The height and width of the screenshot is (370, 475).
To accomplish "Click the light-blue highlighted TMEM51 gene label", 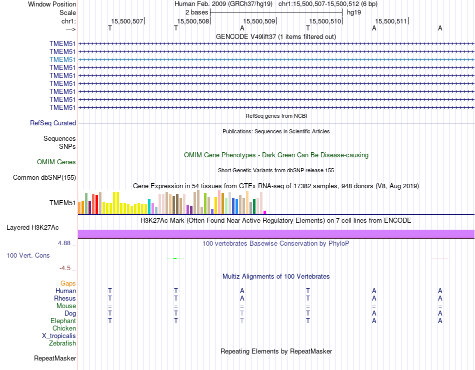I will pyautogui.click(x=62, y=59).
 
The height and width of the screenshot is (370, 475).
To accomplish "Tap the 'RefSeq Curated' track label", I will pyautogui.click(x=53, y=123).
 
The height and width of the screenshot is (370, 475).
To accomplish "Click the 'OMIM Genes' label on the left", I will pyautogui.click(x=56, y=162).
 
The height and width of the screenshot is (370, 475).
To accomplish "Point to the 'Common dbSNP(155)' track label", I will pyautogui.click(x=44, y=178).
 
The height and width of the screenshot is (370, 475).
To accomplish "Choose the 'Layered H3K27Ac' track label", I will pyautogui.click(x=32, y=228).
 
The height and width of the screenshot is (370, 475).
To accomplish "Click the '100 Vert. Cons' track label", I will pyautogui.click(x=28, y=256).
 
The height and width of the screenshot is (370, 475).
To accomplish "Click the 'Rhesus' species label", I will pyautogui.click(x=65, y=299).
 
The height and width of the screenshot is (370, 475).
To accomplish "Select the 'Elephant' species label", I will pyautogui.click(x=63, y=321).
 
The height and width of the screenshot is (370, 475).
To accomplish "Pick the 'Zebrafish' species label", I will pyautogui.click(x=62, y=344).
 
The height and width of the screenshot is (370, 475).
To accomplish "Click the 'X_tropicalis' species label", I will pyautogui.click(x=59, y=336).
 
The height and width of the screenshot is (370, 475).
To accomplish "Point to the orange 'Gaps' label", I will pyautogui.click(x=68, y=284).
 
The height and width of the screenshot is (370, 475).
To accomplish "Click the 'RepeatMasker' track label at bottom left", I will pyautogui.click(x=55, y=359).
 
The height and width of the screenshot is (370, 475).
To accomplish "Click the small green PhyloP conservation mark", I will pyautogui.click(x=174, y=258).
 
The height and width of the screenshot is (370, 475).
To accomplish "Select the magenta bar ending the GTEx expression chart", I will pyautogui.click(x=265, y=212).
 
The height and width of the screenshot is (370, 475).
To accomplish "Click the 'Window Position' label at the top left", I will pyautogui.click(x=52, y=4).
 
